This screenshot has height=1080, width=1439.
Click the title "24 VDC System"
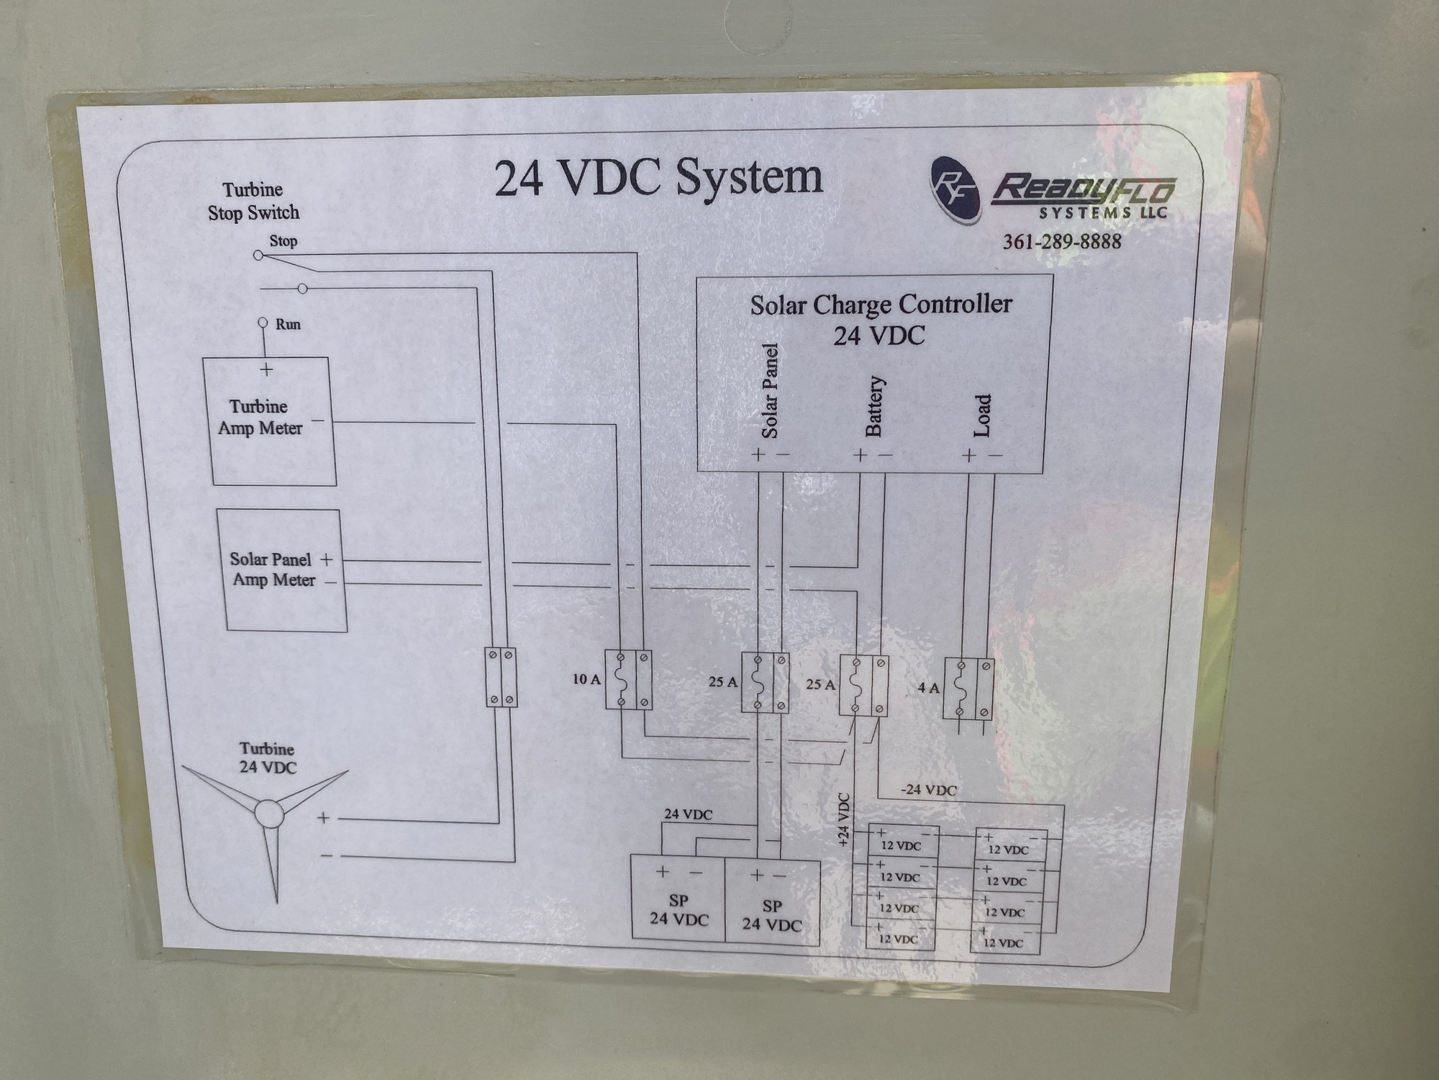tap(658, 178)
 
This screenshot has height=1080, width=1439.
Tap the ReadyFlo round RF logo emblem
tap(955, 189)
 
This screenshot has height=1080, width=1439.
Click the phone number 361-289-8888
tap(1062, 241)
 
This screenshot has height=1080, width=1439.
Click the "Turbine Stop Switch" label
tap(253, 202)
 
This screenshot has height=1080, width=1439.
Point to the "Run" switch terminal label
tap(288, 324)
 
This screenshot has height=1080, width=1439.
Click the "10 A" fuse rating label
tap(586, 679)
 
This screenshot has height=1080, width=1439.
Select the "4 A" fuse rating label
tap(928, 688)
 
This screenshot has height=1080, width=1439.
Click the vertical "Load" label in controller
tap(982, 415)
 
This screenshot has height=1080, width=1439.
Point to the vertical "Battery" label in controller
tap(873, 406)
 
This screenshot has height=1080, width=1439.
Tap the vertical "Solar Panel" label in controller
tap(770, 391)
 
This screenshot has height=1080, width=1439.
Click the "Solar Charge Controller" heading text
tap(881, 305)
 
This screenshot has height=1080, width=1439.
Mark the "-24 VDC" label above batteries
tap(929, 790)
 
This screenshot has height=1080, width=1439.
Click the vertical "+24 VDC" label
tap(844, 818)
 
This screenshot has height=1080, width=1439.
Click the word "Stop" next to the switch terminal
tap(283, 241)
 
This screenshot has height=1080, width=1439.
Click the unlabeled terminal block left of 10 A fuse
tap(501, 677)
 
